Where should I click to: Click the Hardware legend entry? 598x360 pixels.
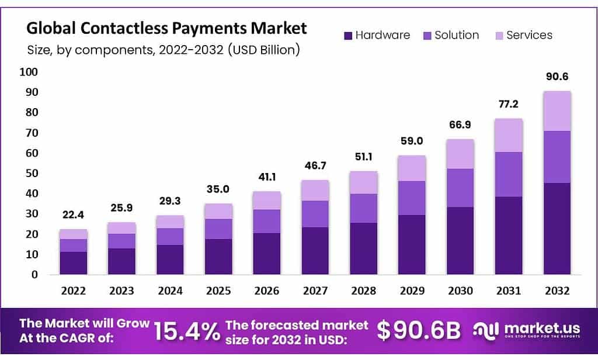click(x=377, y=35)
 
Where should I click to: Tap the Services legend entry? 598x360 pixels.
click(x=521, y=35)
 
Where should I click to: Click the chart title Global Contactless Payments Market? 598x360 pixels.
click(x=166, y=29)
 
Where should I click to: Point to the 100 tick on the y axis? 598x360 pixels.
click(x=29, y=72)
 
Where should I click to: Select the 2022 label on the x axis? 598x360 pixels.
click(x=73, y=290)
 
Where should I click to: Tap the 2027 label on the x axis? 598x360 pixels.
click(x=315, y=290)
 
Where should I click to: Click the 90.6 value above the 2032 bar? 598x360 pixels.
click(x=557, y=77)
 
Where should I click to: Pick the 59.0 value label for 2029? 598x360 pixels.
click(x=412, y=141)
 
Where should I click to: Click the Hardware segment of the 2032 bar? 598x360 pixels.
click(x=557, y=229)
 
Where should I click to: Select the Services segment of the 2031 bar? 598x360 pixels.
click(x=508, y=135)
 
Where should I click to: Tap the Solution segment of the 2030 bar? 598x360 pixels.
click(x=460, y=188)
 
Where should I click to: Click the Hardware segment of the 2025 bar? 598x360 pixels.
click(x=218, y=257)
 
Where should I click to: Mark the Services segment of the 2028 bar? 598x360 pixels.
click(x=363, y=182)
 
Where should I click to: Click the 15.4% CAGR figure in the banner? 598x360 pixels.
click(x=186, y=331)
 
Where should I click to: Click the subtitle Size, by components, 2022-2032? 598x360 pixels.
click(x=164, y=50)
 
